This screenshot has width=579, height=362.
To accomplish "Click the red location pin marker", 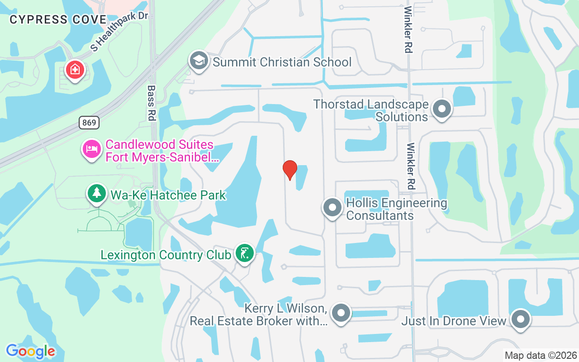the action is [289, 169].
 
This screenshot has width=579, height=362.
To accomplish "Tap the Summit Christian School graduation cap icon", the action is [199, 61].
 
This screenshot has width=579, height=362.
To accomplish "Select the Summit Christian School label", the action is [282, 62].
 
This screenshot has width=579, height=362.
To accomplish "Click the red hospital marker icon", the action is [75, 70].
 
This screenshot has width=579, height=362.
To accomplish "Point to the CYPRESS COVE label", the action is [58, 19].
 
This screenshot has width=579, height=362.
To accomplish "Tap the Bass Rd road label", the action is [151, 103].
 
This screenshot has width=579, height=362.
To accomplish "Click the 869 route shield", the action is [89, 122].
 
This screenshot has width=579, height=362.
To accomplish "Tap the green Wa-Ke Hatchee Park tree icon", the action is [96, 194].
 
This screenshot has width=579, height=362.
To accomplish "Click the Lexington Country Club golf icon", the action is [244, 253].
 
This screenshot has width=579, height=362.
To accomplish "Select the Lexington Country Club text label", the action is [166, 255].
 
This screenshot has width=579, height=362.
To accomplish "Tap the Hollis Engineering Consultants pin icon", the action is [332, 208].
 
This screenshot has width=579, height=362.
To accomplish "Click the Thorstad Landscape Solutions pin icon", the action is [441, 109].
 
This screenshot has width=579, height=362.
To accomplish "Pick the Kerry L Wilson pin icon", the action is [341, 313].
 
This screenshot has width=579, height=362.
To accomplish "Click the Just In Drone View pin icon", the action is [521, 319].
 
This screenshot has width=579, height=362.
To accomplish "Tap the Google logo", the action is [30, 351].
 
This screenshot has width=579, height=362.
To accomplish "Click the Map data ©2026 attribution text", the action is [541, 355].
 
